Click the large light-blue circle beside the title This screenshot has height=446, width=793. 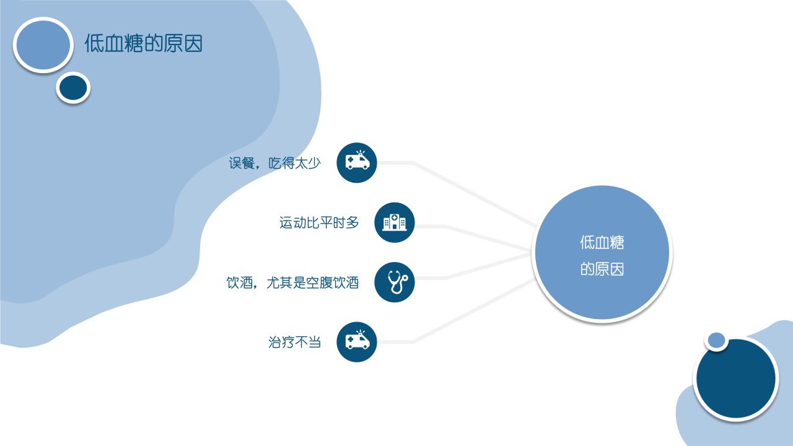pyautogui.click(x=43, y=45)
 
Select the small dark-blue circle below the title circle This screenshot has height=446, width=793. pyautogui.click(x=73, y=88)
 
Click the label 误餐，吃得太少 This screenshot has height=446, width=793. pyautogui.click(x=274, y=163)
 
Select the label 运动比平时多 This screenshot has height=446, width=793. pyautogui.click(x=319, y=222)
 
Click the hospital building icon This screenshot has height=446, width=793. pyautogui.click(x=395, y=222)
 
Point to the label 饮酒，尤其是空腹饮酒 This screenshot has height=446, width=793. pyautogui.click(x=293, y=282)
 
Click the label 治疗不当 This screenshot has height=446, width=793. pyautogui.click(x=294, y=343)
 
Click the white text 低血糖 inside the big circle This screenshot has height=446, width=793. pyautogui.click(x=602, y=242)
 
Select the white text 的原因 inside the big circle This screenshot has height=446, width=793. pyautogui.click(x=602, y=269)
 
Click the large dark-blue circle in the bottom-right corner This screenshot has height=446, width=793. pyautogui.click(x=736, y=378)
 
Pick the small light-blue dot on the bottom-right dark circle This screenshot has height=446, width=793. pyautogui.click(x=717, y=341)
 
